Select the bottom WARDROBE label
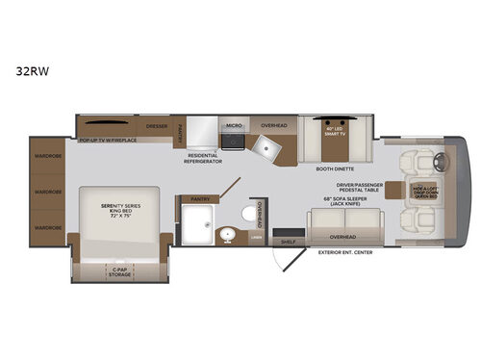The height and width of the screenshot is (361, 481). pos(48,228)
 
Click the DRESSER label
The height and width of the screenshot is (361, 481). pos(157,126)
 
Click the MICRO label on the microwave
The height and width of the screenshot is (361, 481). pos(233,126)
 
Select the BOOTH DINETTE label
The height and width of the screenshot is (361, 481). pos(334,169)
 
